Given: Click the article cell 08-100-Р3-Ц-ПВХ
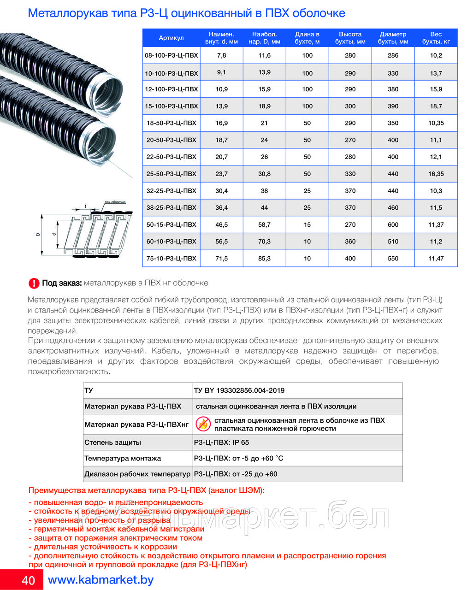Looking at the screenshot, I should (171, 55).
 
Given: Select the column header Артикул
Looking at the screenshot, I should (171, 38).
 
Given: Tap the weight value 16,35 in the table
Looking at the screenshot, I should (436, 174).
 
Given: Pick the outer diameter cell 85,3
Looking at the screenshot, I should (264, 259).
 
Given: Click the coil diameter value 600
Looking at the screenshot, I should (393, 224).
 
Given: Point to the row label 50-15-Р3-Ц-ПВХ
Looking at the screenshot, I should (171, 224).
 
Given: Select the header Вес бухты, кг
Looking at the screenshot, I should (436, 38).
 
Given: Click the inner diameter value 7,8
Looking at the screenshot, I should (221, 55).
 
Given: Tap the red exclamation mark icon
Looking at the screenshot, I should (34, 283).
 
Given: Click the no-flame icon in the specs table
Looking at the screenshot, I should (203, 424).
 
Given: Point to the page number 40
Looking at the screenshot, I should (28, 580).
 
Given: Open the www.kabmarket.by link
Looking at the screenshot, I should (100, 580).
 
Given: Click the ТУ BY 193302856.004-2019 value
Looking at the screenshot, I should (239, 390).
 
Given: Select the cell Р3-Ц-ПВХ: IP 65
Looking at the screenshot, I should (221, 442).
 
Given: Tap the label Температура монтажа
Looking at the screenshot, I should (123, 458).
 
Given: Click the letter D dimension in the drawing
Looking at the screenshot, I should (38, 234).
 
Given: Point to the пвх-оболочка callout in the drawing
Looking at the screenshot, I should (115, 202).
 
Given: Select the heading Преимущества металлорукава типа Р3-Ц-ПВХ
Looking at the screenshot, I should (147, 490).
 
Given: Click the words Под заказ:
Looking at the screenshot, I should (62, 283).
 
